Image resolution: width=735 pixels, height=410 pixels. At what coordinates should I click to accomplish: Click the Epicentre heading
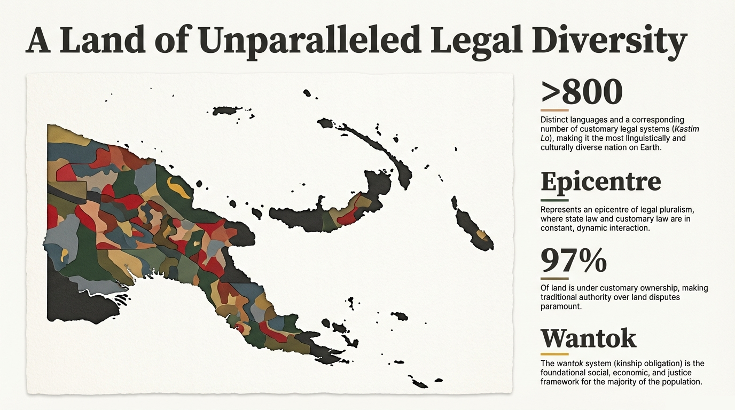[600, 183]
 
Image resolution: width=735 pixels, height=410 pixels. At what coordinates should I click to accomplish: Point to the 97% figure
[573, 261]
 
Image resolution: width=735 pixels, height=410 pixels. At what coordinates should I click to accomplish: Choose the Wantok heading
[588, 337]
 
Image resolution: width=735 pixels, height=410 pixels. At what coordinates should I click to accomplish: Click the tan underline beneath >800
[554, 110]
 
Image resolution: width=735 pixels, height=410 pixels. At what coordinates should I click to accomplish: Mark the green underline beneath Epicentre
[554, 201]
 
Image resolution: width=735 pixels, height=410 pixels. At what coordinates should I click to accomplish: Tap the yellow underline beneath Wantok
[554, 354]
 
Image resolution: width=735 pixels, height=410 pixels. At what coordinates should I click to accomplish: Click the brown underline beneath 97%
[554, 278]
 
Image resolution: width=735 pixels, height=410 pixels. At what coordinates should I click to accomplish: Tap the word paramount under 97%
[560, 306]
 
